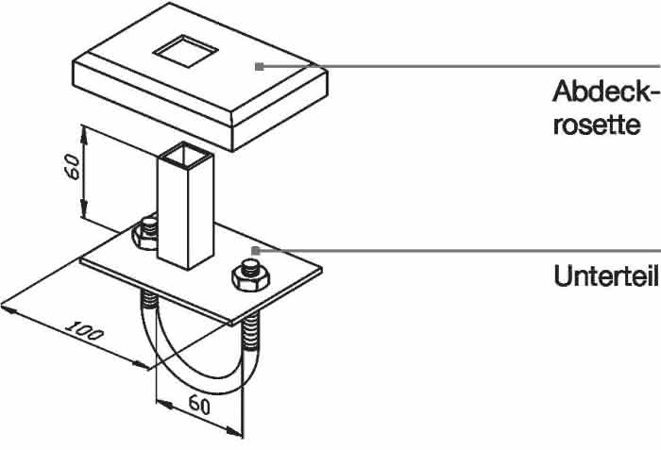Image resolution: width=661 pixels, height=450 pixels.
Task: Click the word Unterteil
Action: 606,276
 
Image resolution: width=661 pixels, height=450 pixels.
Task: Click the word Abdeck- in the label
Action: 605,91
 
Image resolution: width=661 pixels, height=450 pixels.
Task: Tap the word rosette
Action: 597,125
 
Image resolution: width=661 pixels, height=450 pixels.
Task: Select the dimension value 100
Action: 84,331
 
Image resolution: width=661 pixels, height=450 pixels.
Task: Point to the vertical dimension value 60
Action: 73,167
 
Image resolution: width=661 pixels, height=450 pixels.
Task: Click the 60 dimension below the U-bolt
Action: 199,405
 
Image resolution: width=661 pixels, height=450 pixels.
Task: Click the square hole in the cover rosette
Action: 185,51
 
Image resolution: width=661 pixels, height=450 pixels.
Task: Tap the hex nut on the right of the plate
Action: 250,275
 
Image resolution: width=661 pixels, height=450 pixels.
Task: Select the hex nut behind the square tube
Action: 145,233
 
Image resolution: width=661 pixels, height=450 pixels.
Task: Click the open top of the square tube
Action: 185,155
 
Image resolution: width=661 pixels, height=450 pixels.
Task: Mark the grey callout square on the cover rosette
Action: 260,67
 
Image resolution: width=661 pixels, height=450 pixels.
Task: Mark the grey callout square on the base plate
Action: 256,251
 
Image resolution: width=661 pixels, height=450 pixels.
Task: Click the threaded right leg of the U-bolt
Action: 251,333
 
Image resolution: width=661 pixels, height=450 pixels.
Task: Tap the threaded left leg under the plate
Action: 149,300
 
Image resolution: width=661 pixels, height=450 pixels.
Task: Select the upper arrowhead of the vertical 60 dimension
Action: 84,135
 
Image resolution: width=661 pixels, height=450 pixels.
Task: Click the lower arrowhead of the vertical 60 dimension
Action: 84,208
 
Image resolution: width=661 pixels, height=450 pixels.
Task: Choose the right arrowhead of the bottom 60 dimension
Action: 234,431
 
